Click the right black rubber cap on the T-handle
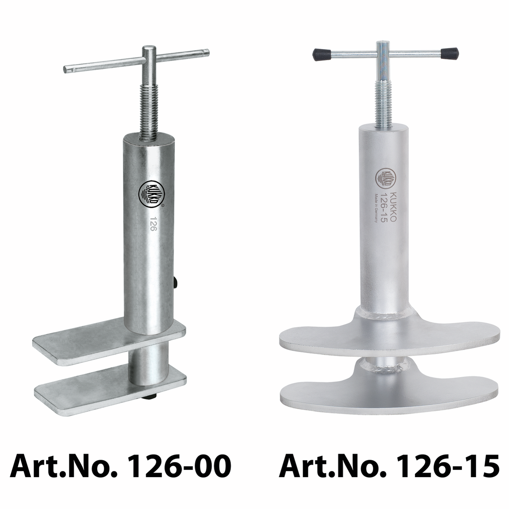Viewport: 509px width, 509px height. [x=450, y=54]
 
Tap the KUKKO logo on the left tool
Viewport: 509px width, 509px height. [x=152, y=194]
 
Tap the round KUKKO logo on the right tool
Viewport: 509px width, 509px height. [x=385, y=179]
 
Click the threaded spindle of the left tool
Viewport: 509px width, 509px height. [x=149, y=113]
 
